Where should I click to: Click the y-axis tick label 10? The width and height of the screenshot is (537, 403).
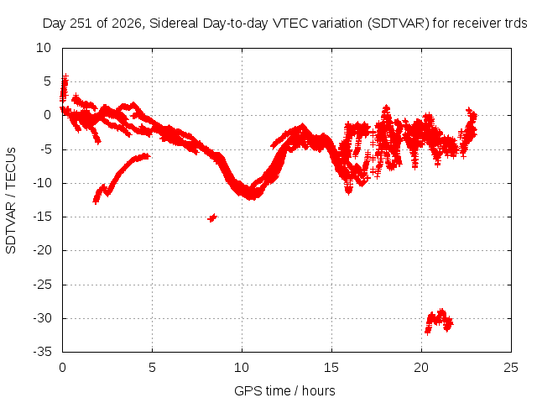(x=44, y=48)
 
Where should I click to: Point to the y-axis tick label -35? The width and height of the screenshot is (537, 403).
(x=42, y=352)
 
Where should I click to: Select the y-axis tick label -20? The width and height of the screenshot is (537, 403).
(x=42, y=250)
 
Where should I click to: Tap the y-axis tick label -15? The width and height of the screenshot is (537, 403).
(x=42, y=217)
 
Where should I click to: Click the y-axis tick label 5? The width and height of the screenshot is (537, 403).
(x=47, y=81)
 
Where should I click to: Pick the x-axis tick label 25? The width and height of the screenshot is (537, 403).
(x=511, y=368)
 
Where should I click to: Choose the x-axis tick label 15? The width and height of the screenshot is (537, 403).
(x=331, y=368)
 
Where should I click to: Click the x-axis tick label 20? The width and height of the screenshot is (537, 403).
(x=421, y=368)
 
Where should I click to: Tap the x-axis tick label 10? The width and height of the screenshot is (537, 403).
(x=242, y=368)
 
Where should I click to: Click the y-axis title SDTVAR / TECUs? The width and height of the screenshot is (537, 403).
(x=11, y=201)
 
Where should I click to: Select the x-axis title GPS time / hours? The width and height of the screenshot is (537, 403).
(x=284, y=390)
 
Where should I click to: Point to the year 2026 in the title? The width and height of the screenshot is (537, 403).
(x=127, y=24)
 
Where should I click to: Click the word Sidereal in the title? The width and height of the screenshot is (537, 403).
(x=174, y=24)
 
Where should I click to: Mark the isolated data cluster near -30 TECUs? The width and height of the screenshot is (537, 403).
(x=439, y=321)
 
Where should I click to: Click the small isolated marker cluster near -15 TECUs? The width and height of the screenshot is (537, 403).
(x=212, y=217)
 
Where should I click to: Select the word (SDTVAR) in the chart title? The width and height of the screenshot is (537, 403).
(x=399, y=24)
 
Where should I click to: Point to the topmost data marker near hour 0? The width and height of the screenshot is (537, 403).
(x=65, y=76)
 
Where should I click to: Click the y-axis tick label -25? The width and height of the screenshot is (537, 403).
(x=42, y=284)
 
